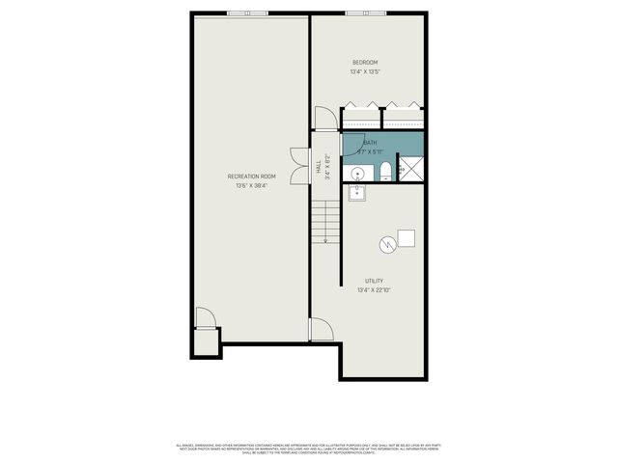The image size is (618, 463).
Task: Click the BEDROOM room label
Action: click(x=365, y=63)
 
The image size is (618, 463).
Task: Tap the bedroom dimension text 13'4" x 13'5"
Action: click(x=365, y=71)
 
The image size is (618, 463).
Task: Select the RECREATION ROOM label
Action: click(x=252, y=177)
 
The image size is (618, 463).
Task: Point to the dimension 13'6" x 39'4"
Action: click(x=252, y=185)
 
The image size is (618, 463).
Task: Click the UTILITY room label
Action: click(x=374, y=281)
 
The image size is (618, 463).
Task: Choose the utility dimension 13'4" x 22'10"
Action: click(x=374, y=289)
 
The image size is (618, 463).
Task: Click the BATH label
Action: click(x=371, y=143)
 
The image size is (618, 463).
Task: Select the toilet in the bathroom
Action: click(x=384, y=173)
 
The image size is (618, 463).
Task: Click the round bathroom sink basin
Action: click(x=357, y=174)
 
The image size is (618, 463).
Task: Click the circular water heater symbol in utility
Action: click(x=387, y=244)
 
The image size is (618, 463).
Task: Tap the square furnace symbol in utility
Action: click(x=407, y=238)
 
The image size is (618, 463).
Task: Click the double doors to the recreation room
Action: click(x=298, y=165)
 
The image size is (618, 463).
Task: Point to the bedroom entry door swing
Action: click(x=324, y=120)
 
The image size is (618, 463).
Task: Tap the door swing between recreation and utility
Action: click(x=321, y=330)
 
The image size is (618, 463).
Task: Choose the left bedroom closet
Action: click(x=362, y=118)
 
